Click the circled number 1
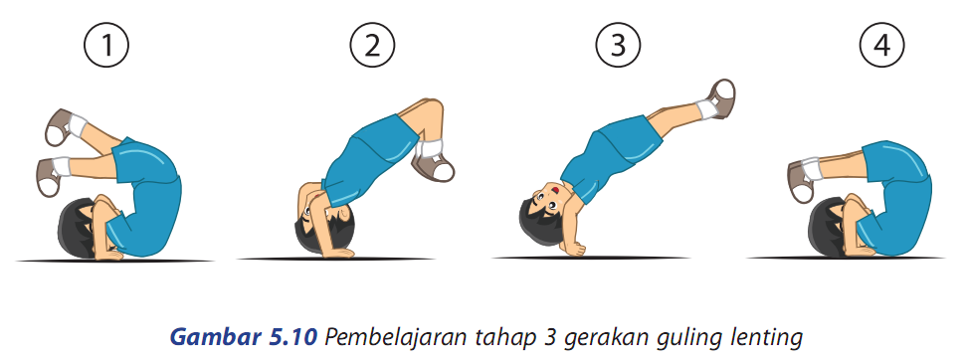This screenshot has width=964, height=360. [x=106, y=46]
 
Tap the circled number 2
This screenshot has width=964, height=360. [x=372, y=46]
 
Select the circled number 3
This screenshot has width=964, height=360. [x=618, y=46]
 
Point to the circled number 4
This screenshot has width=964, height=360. [x=882, y=46]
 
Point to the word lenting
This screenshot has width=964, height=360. [x=768, y=338]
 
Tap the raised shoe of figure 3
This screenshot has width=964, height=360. [x=721, y=98]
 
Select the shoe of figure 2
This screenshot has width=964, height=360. [x=434, y=165]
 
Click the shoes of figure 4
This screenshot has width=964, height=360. [x=802, y=181]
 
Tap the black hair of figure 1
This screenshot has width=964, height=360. [x=74, y=229]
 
